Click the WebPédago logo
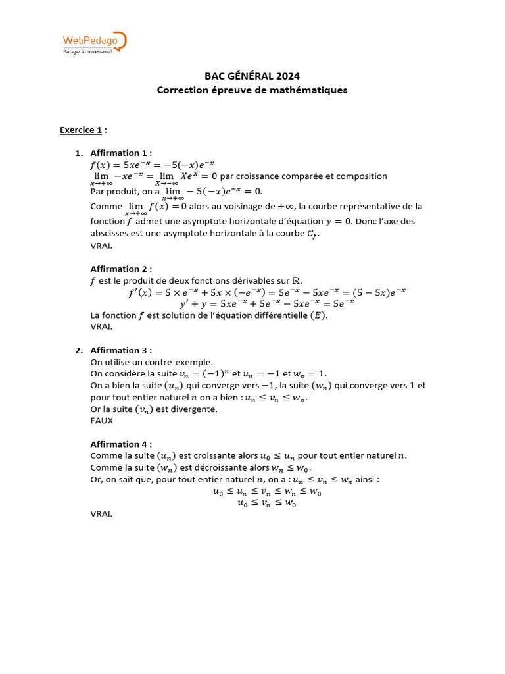pos(93,43)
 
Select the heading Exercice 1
pos(81,130)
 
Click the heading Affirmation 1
pos(121,153)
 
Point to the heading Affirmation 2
pos(121,269)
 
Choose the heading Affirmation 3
pos(121,350)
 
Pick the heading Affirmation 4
pos(121,444)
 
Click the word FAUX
pos(102,421)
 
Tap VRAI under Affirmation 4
pos(101,514)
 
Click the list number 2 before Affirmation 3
pos(78,350)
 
